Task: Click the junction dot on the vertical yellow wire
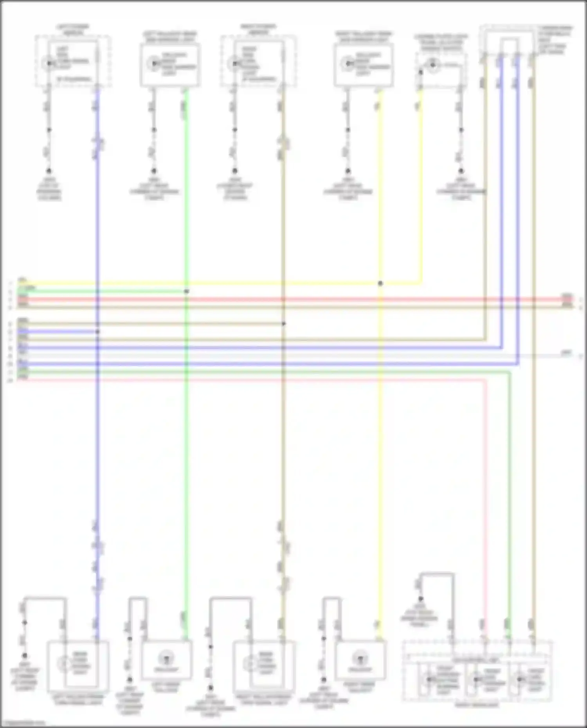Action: [x=380, y=283]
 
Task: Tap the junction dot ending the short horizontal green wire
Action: [x=187, y=291]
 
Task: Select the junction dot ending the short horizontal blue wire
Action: [x=97, y=332]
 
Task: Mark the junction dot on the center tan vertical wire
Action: [x=284, y=324]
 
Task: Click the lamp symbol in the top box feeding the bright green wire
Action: [x=154, y=63]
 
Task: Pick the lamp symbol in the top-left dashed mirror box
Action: [x=49, y=63]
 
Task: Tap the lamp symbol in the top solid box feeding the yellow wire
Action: [x=348, y=63]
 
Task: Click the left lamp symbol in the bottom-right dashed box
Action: [x=429, y=679]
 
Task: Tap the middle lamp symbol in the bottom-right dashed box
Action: [x=476, y=679]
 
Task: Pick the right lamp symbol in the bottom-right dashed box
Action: [x=520, y=679]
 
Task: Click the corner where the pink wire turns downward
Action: [x=486, y=380]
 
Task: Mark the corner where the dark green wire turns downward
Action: [x=510, y=372]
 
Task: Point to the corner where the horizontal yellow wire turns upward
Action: [x=421, y=283]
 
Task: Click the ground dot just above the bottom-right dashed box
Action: [x=421, y=599]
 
